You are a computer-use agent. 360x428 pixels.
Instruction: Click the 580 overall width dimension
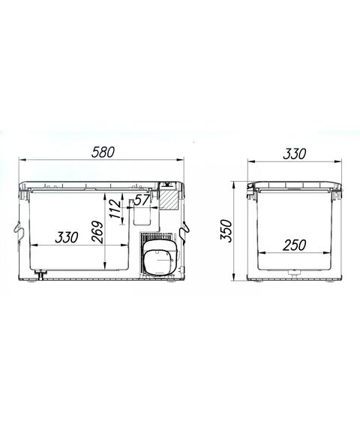tap(103, 152)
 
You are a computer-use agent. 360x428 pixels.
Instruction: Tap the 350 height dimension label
tap(226, 231)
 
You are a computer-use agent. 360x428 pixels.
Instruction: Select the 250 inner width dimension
tap(294, 245)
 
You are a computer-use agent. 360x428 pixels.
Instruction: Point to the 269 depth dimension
tap(97, 232)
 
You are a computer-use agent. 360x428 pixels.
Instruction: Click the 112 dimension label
tap(115, 209)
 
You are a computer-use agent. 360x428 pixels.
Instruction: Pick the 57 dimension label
tap(142, 200)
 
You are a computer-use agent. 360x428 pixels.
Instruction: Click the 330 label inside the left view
tap(67, 237)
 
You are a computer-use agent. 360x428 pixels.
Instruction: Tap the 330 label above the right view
tap(295, 154)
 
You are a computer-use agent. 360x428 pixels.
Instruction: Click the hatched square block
tap(169, 200)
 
